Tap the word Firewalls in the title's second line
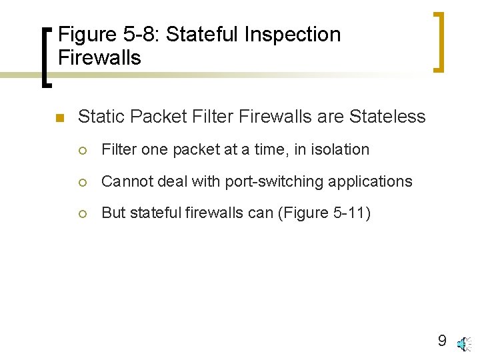pyautogui.click(x=99, y=57)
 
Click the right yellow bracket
pyautogui.click(x=439, y=41)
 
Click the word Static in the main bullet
pyautogui.click(x=101, y=117)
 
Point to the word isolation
pyautogui.click(x=339, y=149)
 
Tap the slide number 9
pyautogui.click(x=441, y=341)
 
